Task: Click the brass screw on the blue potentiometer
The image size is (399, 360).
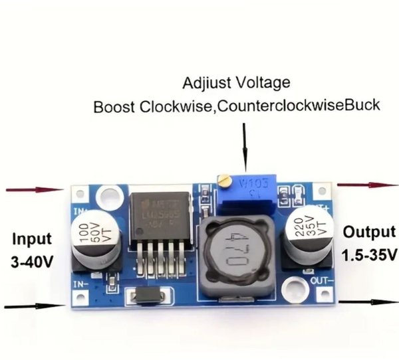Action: [226, 179]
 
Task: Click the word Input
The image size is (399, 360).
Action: [32, 238]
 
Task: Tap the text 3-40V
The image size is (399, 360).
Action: [32, 262]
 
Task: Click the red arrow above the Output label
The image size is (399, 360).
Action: [366, 185]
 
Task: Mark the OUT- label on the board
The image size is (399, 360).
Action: [319, 281]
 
